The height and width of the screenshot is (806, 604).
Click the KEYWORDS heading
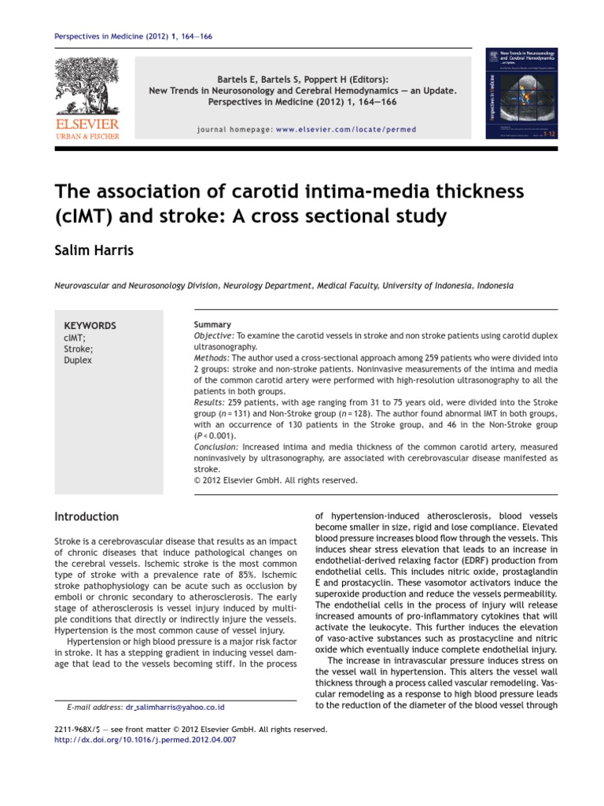click(x=90, y=326)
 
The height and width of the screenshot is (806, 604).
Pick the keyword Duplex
click(x=78, y=360)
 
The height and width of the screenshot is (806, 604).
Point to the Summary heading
click(x=212, y=324)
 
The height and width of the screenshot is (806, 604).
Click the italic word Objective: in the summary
click(x=214, y=335)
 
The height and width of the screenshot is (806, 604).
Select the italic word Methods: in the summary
click(x=212, y=357)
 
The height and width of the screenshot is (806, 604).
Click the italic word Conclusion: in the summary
click(x=217, y=446)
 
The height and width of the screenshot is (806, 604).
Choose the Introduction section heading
click(x=87, y=517)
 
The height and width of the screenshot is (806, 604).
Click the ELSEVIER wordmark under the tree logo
click(x=87, y=124)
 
